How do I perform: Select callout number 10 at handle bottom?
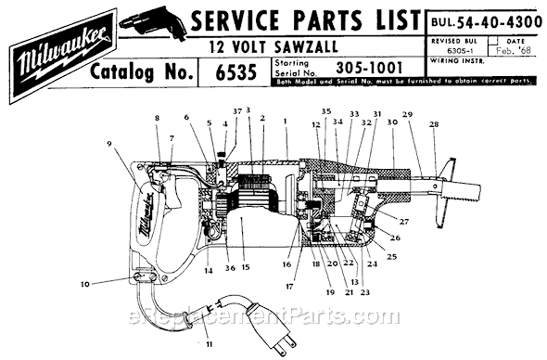pyautogui.click(x=111, y=285)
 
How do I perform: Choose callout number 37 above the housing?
pyautogui.click(x=236, y=112)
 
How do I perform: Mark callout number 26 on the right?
pyautogui.click(x=394, y=238)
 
